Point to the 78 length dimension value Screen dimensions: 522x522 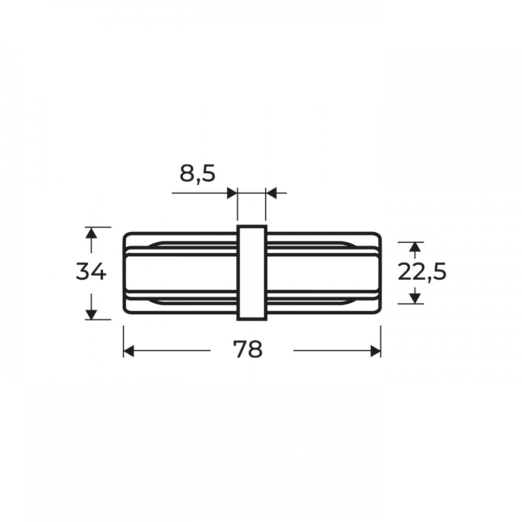248,349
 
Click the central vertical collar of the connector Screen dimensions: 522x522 252,272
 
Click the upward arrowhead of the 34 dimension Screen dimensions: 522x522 91,233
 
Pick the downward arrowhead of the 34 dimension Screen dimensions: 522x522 91,314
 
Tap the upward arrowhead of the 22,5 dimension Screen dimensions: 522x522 414,247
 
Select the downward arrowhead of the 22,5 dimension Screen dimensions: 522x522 414,298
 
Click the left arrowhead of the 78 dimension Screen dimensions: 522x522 129,351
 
